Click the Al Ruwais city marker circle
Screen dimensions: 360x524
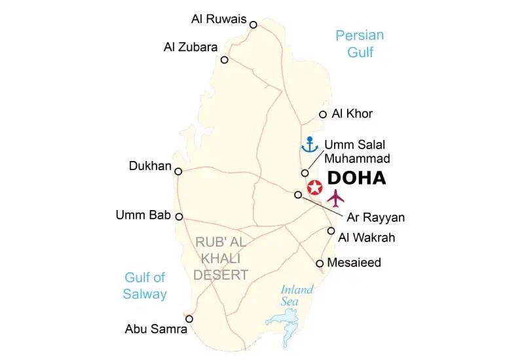pos(253,25)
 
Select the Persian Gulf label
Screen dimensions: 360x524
pos(360,44)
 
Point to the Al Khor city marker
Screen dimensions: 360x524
pos(322,115)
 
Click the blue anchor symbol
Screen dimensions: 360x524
pos(309,144)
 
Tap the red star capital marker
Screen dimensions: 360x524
pos(315,188)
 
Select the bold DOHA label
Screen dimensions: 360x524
pos(356,178)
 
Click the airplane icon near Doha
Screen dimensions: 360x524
pos(337,197)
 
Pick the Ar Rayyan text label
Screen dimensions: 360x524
pos(375,217)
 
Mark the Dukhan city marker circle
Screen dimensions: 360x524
pos(178,171)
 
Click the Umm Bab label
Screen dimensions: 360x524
pos(143,215)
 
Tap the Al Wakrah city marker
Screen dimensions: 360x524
pos(331,231)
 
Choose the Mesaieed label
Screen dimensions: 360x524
pos(354,263)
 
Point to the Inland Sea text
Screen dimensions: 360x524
pos(297,295)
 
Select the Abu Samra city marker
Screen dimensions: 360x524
pos(189,319)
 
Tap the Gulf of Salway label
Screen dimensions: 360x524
pos(145,285)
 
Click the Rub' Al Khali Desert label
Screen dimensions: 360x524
pos(221,259)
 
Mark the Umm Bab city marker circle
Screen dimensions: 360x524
pos(179,217)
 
